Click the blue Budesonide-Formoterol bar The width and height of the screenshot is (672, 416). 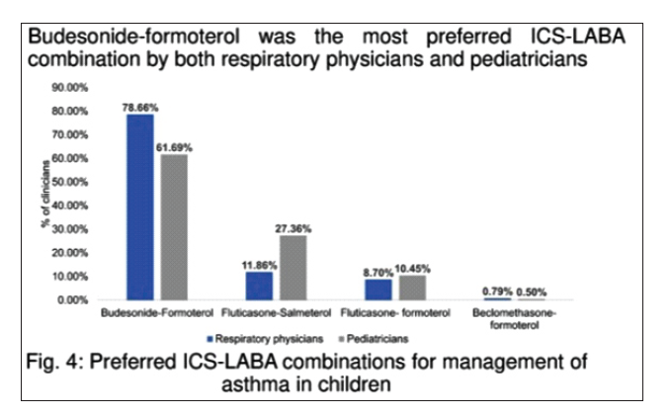click(139, 207)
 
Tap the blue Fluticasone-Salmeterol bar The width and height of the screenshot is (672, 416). click(259, 285)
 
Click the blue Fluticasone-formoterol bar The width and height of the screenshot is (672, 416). click(378, 289)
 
